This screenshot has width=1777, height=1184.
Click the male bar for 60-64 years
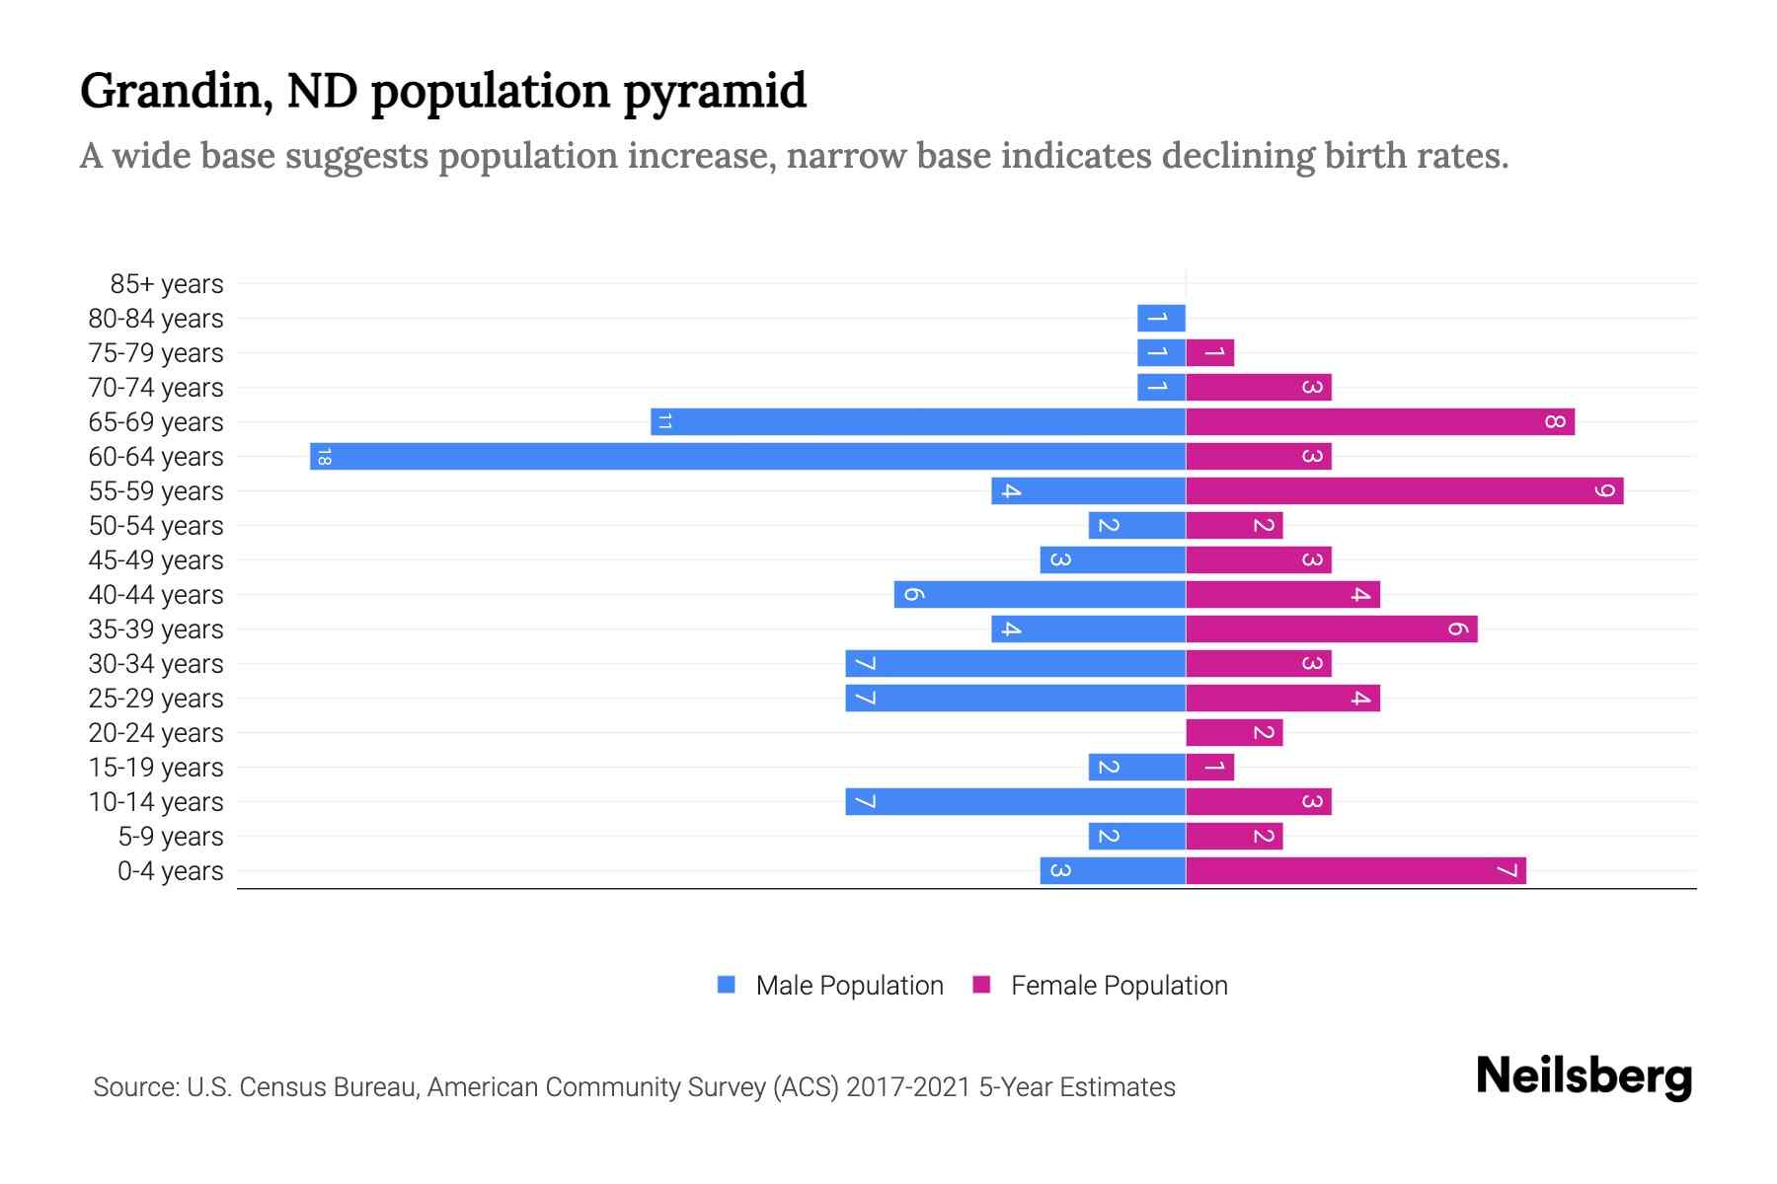[x=747, y=457]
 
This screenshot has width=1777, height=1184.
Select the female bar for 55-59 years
[x=1404, y=491]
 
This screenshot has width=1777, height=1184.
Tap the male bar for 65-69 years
[x=918, y=422]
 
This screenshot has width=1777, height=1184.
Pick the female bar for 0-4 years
[x=1355, y=871]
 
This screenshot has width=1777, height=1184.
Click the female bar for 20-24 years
[x=1234, y=733]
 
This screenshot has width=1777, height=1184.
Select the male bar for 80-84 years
[x=1161, y=319]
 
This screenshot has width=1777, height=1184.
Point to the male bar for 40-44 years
[x=1040, y=595]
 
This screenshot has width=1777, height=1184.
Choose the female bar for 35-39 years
[x=1331, y=629]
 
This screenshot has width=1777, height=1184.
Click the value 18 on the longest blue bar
[x=324, y=457]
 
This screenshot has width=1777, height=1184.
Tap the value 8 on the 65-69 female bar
[x=1555, y=422]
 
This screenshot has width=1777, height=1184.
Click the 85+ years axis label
[x=166, y=284]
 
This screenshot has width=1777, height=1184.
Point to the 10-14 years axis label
[x=156, y=802]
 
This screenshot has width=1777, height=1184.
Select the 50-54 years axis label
[x=156, y=526]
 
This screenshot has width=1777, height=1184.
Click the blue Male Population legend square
[x=727, y=985]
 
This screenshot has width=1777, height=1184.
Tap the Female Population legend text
[x=1119, y=986]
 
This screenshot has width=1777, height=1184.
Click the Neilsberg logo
[x=1584, y=1076]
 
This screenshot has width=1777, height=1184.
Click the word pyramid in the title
[x=715, y=92]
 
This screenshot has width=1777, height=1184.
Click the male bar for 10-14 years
[x=1015, y=802]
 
